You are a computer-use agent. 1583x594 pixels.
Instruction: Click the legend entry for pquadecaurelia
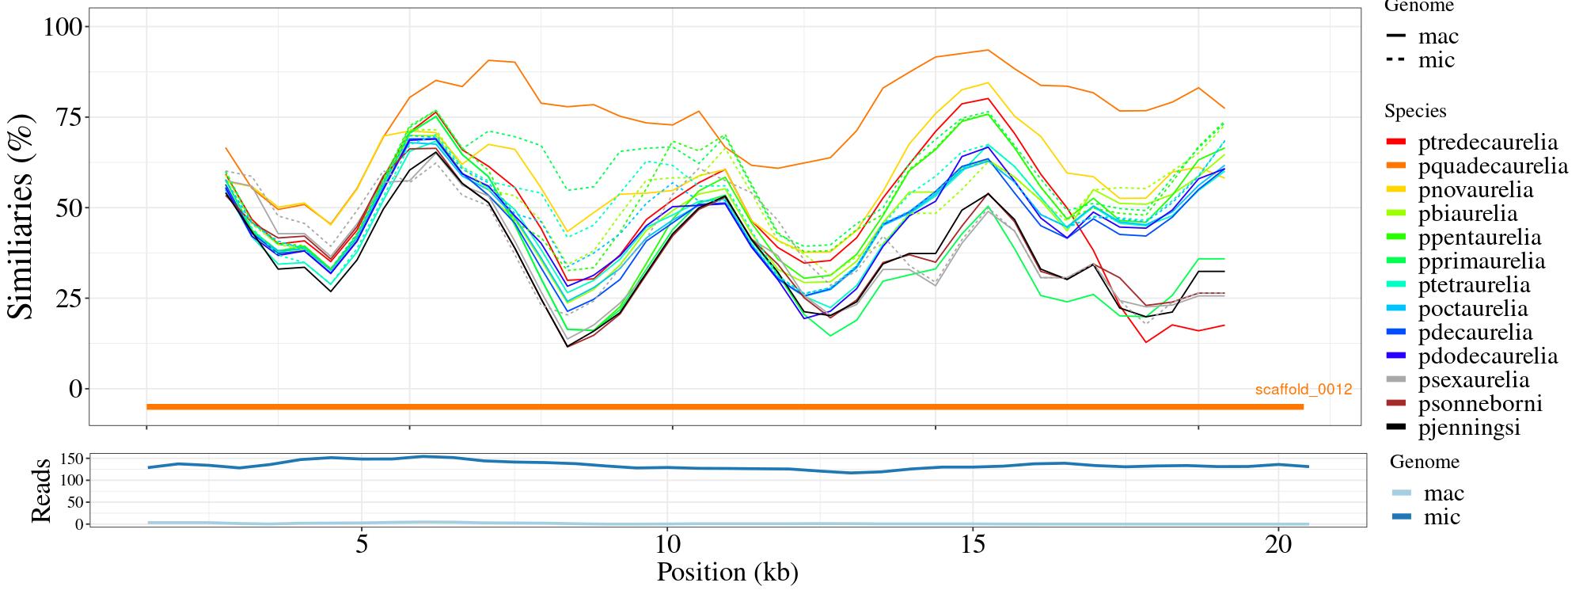[1493, 166]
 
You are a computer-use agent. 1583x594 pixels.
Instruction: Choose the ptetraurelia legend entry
[1474, 285]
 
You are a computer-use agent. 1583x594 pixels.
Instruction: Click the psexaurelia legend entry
[1474, 380]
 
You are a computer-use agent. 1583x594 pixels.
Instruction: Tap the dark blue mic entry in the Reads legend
[1441, 517]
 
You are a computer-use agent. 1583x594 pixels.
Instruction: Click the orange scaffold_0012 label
[1303, 390]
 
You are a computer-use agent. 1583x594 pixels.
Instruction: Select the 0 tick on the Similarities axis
[75, 389]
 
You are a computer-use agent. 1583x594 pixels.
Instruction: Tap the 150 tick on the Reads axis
[72, 459]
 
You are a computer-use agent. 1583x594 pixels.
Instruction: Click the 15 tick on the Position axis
[972, 546]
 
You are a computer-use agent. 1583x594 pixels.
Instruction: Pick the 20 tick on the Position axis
[1278, 546]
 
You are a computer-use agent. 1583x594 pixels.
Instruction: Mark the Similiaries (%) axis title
[22, 216]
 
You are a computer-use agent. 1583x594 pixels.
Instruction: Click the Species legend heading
[1415, 112]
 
